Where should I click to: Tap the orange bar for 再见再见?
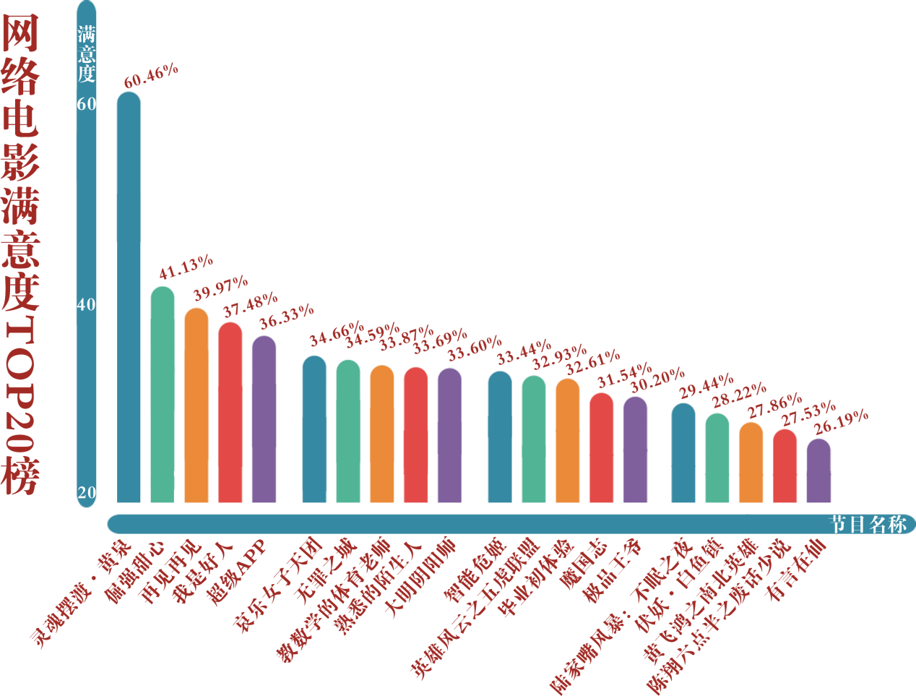coord(196,405)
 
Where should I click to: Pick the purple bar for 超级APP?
coord(264,419)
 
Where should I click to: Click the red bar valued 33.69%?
coord(415,434)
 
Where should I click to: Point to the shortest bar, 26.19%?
coord(818,471)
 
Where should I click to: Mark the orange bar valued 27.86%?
coord(751,463)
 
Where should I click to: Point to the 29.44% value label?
coord(706,387)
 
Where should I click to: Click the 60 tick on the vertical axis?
coord(87,104)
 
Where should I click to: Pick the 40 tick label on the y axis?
coord(87,305)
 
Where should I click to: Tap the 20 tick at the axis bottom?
coord(87,493)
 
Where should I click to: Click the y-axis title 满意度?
coord(87,54)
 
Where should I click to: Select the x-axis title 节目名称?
coord(868,524)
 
